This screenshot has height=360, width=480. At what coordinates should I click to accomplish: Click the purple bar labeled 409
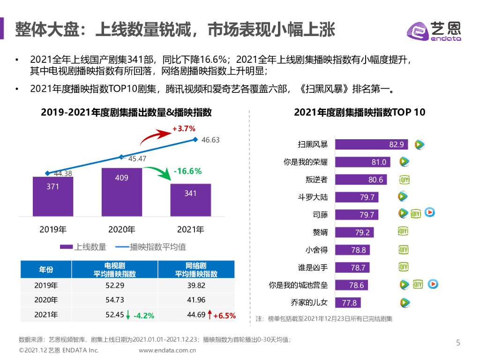pyautogui.click(x=121, y=192)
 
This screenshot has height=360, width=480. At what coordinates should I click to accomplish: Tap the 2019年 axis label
pyautogui.click(x=53, y=230)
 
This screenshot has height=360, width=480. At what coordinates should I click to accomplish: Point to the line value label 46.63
pyautogui.click(x=210, y=140)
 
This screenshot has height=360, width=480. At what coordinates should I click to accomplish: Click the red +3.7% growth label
pyautogui.click(x=184, y=128)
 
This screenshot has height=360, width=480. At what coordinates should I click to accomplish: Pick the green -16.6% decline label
pyautogui.click(x=187, y=172)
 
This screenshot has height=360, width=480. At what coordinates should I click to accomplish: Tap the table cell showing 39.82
pyautogui.click(x=196, y=285)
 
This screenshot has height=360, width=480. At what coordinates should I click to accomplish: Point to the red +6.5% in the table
pyautogui.click(x=224, y=315)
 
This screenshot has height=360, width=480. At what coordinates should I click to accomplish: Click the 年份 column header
pyautogui.click(x=46, y=270)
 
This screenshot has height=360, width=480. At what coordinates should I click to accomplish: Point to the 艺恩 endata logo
pyautogui.click(x=433, y=31)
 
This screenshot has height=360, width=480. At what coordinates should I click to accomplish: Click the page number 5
pyautogui.click(x=458, y=343)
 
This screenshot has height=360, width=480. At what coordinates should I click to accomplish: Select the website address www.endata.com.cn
pyautogui.click(x=167, y=350)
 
